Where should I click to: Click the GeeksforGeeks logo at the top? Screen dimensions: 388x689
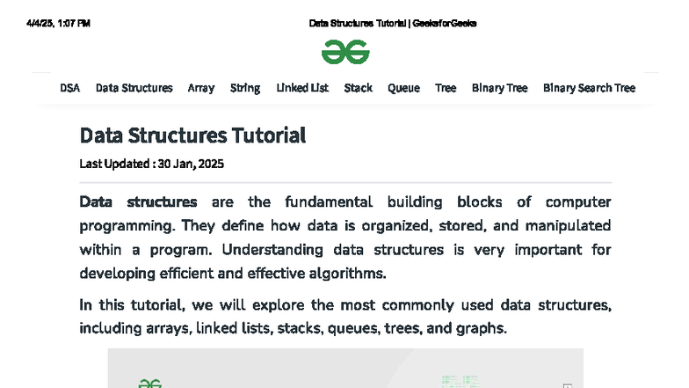pyautogui.click(x=345, y=52)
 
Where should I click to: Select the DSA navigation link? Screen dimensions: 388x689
pyautogui.click(x=69, y=88)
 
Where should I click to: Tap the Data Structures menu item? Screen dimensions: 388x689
pyautogui.click(x=134, y=88)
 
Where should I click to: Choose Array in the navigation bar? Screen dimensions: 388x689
pyautogui.click(x=201, y=88)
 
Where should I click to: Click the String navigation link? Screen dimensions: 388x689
pyautogui.click(x=245, y=88)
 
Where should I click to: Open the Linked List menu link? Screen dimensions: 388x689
pyautogui.click(x=302, y=88)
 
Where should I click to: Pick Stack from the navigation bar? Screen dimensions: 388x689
pyautogui.click(x=359, y=88)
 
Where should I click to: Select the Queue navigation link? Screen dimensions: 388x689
pyautogui.click(x=404, y=88)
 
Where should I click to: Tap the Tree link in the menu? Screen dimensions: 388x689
pyautogui.click(x=446, y=88)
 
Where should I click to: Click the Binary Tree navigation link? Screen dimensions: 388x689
pyautogui.click(x=500, y=88)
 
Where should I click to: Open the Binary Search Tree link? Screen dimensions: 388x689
pyautogui.click(x=589, y=88)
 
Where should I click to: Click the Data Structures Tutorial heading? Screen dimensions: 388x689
pyautogui.click(x=192, y=135)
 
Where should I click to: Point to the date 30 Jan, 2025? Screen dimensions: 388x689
pyautogui.click(x=192, y=164)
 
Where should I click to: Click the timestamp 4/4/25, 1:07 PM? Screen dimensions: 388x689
pyautogui.click(x=59, y=24)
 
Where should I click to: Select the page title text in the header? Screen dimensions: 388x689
pyautogui.click(x=393, y=24)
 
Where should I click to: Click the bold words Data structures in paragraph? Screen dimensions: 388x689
pyautogui.click(x=138, y=202)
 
